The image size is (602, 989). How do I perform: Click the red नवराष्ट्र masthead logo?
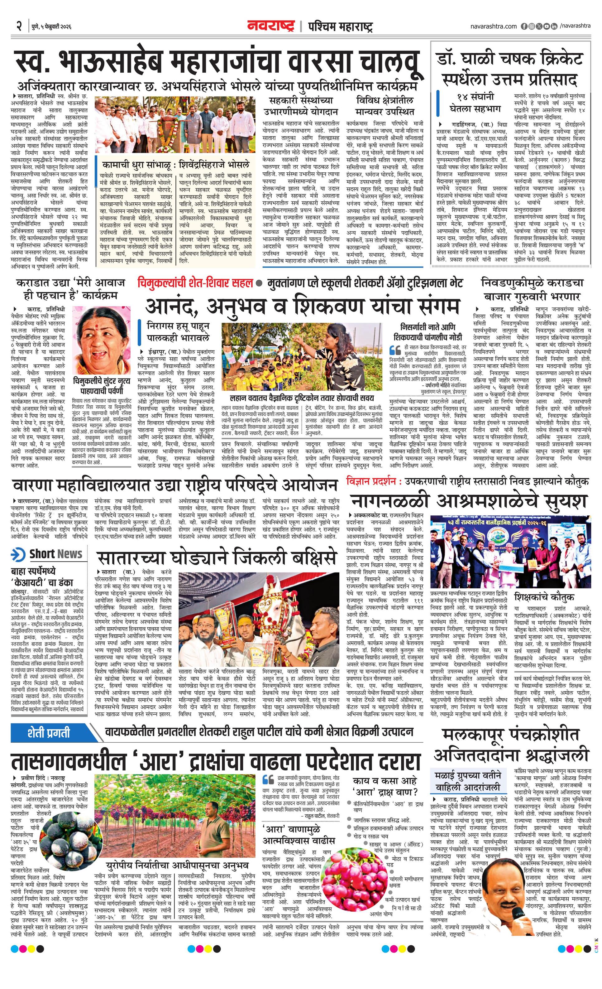[x=271, y=27]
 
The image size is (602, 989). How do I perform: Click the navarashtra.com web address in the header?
[x=493, y=27]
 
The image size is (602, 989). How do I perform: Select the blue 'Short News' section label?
[x=48, y=554]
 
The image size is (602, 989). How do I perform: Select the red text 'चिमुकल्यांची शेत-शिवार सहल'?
[x=195, y=283]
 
